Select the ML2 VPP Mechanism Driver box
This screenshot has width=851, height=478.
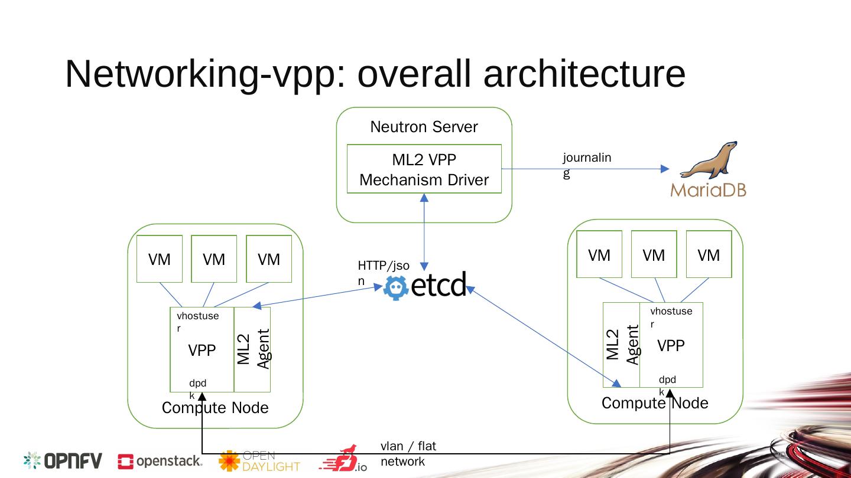(424, 169)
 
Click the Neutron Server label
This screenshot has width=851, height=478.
(424, 127)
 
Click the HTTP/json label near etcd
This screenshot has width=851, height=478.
(383, 273)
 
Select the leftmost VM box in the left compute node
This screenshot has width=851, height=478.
(159, 259)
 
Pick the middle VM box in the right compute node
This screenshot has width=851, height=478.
(654, 254)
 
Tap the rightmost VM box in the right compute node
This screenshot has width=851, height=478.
(709, 254)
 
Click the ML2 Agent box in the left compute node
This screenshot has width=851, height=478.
(252, 349)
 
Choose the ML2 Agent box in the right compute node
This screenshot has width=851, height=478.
(622, 345)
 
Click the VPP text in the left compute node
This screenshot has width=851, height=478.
(202, 351)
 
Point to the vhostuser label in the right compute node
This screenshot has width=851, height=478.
(670, 317)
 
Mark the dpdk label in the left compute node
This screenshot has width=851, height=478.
(197, 388)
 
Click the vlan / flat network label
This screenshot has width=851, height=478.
(408, 453)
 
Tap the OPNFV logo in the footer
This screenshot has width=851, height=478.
(63, 461)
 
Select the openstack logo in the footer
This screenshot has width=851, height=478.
(160, 461)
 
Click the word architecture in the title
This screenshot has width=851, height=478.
(584, 75)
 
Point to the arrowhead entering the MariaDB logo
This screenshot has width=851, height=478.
(665, 169)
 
